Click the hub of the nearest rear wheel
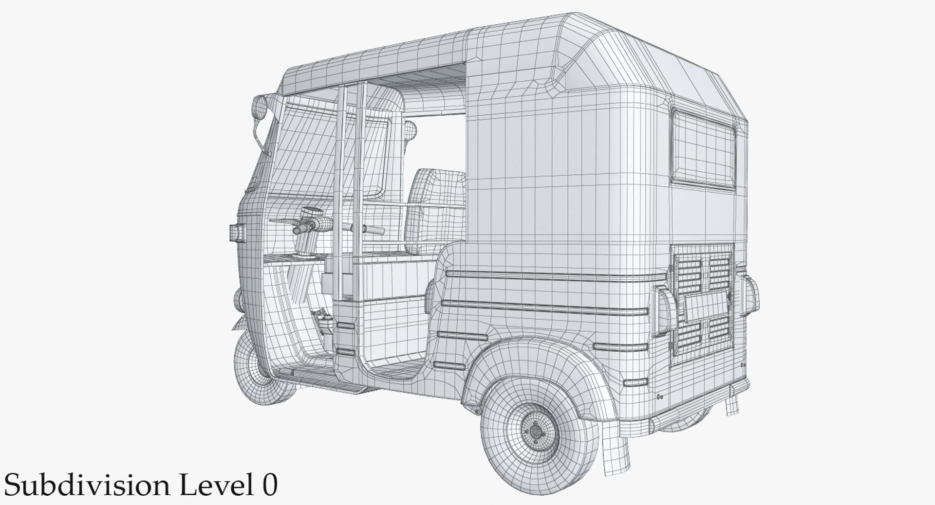pos(535,430)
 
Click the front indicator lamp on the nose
pos(237,232)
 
